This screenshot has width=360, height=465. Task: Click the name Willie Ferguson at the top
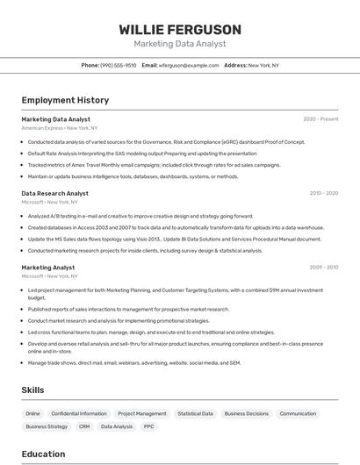pyautogui.click(x=180, y=29)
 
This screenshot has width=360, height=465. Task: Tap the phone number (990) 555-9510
pyautogui.click(x=118, y=65)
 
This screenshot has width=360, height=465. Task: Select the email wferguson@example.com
pyautogui.click(x=189, y=65)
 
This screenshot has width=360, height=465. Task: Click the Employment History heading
pyautogui.click(x=65, y=100)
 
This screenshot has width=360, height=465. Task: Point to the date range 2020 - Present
pyautogui.click(x=320, y=118)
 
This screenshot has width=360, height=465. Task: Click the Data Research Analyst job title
pyautogui.click(x=54, y=193)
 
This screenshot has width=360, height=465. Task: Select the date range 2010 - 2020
pyautogui.click(x=323, y=193)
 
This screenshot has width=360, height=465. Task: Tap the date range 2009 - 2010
pyautogui.click(x=323, y=268)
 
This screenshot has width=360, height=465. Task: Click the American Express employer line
pyautogui.click(x=60, y=128)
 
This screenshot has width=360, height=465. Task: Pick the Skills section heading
pyautogui.click(x=32, y=390)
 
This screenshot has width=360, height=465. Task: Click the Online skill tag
pyautogui.click(x=32, y=413)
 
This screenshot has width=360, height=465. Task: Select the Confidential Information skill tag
pyautogui.click(x=79, y=413)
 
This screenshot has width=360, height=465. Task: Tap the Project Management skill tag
pyautogui.click(x=141, y=413)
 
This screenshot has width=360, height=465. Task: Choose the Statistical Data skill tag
pyautogui.click(x=195, y=413)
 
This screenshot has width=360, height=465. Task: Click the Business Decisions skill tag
pyautogui.click(x=246, y=413)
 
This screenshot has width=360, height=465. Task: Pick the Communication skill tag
pyautogui.click(x=298, y=413)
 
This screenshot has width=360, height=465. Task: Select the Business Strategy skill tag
pyautogui.click(x=47, y=426)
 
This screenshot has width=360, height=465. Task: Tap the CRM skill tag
pyautogui.click(x=84, y=426)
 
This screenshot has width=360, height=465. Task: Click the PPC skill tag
pyautogui.click(x=149, y=426)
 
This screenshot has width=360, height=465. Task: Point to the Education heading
pyautogui.click(x=43, y=454)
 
